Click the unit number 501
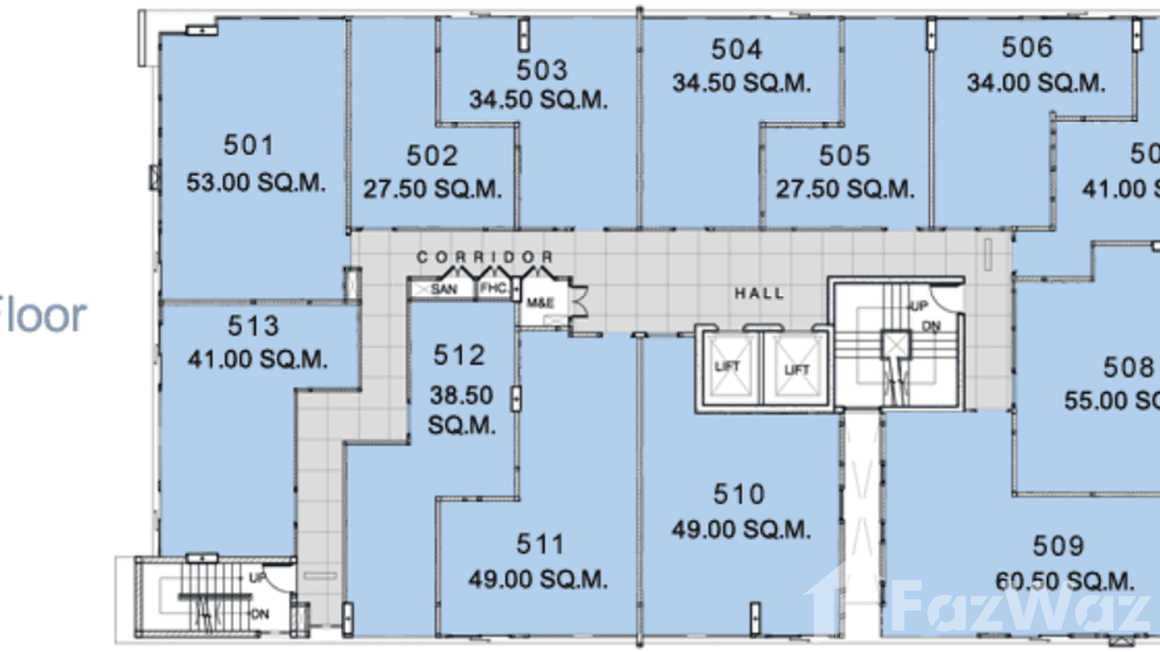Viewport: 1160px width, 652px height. click(x=248, y=145)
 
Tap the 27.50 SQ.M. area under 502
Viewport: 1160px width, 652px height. click(x=432, y=189)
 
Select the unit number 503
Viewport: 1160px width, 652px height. click(x=542, y=69)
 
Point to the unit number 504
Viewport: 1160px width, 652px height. click(x=736, y=49)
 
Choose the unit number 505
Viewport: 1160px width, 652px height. click(x=845, y=156)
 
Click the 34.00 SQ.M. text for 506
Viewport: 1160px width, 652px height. click(x=1036, y=83)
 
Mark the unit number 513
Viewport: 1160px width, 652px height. click(x=253, y=326)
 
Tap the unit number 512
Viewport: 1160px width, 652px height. click(x=459, y=355)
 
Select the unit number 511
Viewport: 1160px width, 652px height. click(x=540, y=544)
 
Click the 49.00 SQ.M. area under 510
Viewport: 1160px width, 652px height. click(x=741, y=528)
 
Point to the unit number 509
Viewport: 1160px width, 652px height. click(x=1058, y=547)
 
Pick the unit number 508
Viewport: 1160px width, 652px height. click(x=1128, y=368)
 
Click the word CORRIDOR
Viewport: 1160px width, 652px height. click(x=485, y=258)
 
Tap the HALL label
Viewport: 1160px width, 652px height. click(x=760, y=294)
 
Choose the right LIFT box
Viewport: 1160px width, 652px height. click(x=796, y=369)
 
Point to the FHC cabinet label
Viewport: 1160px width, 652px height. click(x=493, y=289)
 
